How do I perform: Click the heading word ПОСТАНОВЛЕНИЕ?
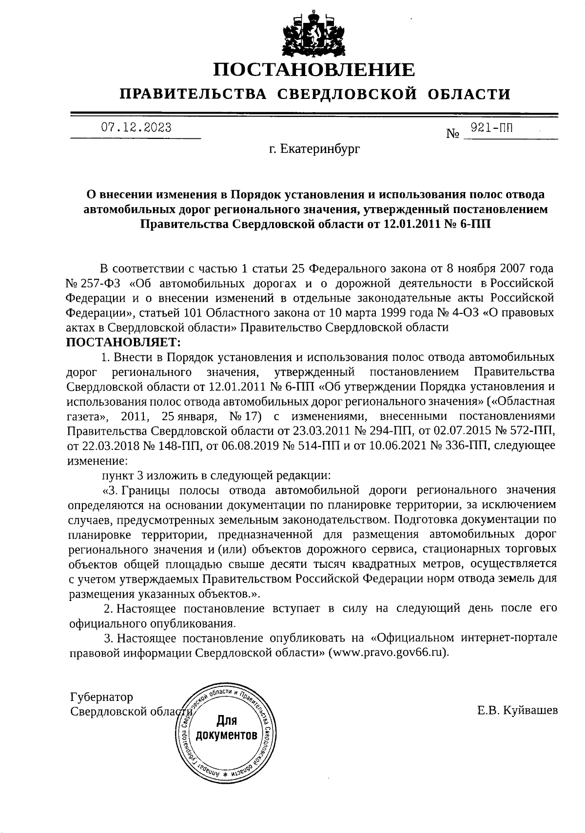315,70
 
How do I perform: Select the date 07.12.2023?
136,128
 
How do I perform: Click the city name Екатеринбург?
321,149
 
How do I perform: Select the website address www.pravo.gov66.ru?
387,653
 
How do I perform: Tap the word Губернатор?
101,697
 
